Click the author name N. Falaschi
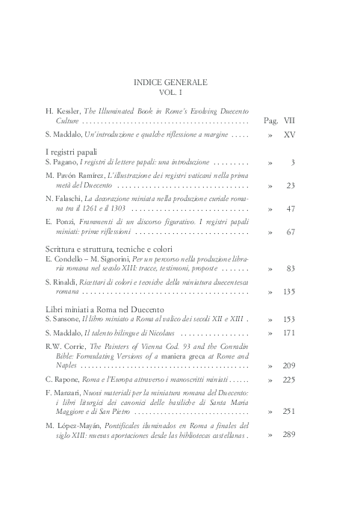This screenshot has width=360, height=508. click(x=62, y=199)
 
